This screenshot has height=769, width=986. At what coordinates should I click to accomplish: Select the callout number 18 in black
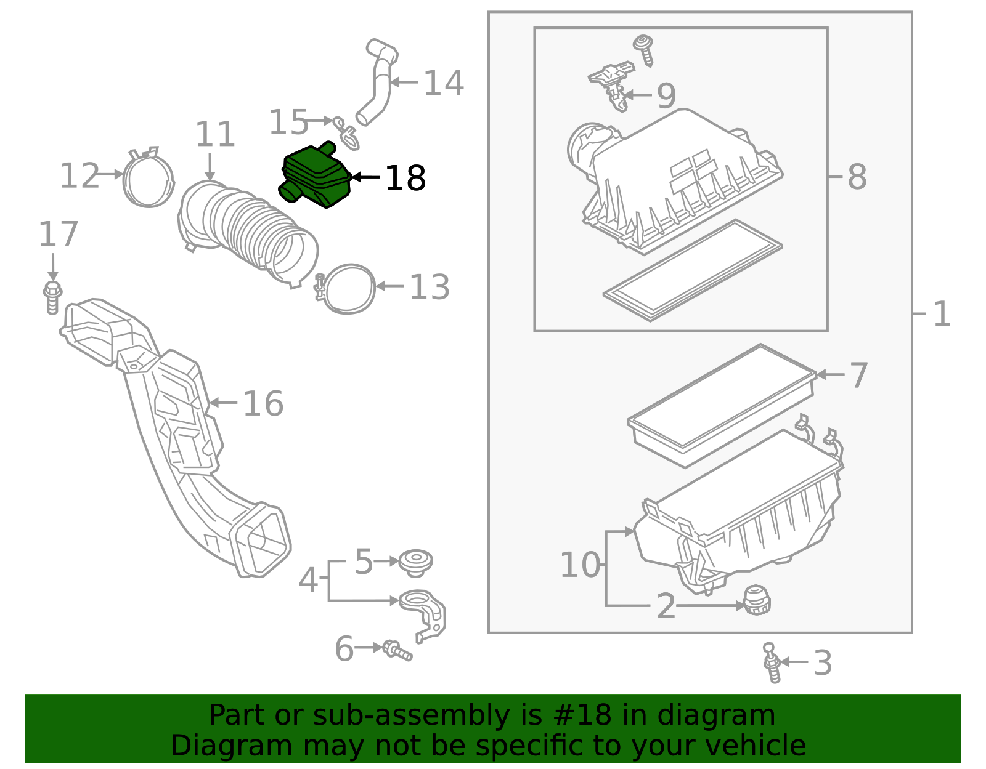[405, 179]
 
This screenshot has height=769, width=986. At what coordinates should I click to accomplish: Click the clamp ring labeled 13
[349, 288]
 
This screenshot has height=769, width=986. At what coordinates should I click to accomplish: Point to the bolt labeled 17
[52, 297]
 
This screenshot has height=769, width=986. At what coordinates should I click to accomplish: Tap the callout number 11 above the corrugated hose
[215, 135]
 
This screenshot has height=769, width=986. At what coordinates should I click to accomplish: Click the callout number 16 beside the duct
[263, 404]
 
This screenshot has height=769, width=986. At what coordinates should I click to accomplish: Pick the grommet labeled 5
[415, 562]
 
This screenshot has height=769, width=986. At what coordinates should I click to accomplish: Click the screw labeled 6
[397, 650]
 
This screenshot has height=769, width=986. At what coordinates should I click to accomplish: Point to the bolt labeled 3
[772, 663]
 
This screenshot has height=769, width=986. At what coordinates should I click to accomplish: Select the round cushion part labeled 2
[757, 600]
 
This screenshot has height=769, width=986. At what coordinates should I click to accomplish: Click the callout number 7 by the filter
[858, 375]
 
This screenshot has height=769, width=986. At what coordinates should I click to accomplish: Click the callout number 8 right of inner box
[857, 177]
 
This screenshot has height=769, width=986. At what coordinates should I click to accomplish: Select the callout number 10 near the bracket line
[579, 565]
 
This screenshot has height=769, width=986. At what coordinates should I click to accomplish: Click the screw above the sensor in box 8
[644, 49]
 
